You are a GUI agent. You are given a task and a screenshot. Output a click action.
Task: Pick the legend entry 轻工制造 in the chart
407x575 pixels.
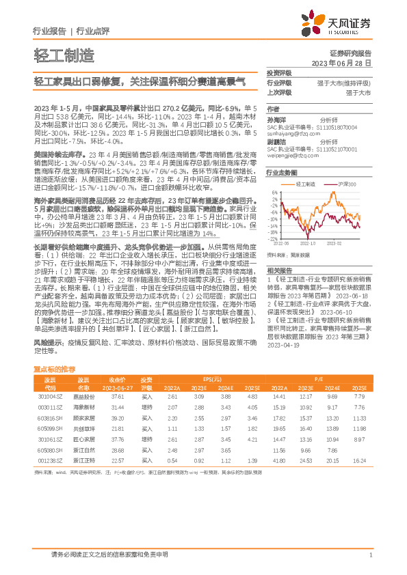(305, 184)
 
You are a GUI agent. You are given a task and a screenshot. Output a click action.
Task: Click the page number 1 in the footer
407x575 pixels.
(370, 555)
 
